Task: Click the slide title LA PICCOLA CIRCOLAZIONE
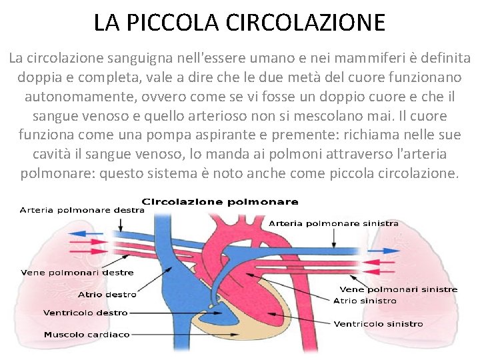point(239,23)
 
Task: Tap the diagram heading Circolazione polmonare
point(220,201)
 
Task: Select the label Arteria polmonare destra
point(81,209)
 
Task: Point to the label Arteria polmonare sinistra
point(333,223)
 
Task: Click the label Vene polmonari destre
point(77,272)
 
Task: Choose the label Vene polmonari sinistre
point(399,289)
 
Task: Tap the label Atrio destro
point(107,294)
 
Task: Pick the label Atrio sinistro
point(365,301)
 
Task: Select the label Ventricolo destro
point(85,312)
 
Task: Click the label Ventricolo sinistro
point(378,324)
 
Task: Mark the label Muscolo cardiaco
point(87,334)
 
